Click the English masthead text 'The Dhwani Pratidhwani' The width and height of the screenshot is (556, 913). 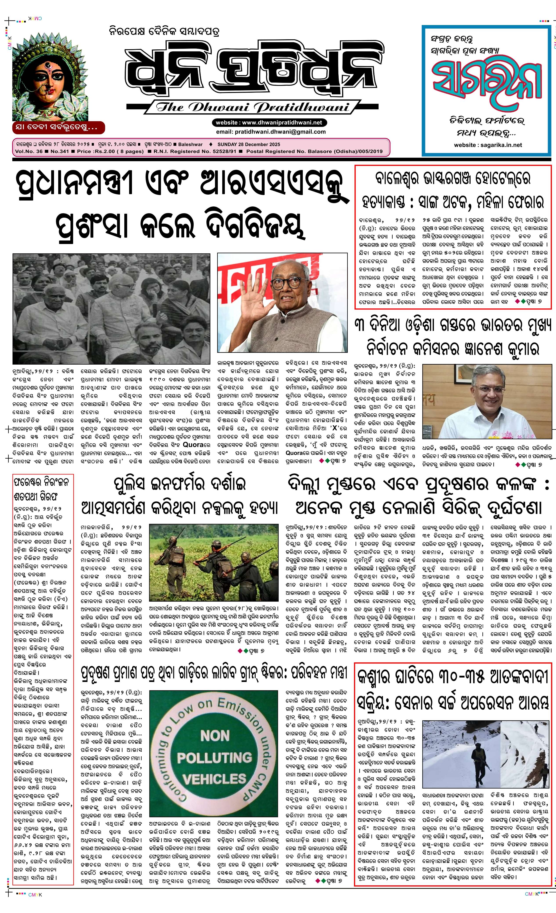coord(253,107)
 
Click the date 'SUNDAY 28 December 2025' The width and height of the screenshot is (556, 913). coord(249,145)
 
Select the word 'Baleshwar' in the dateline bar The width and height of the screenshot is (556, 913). coord(190,145)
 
